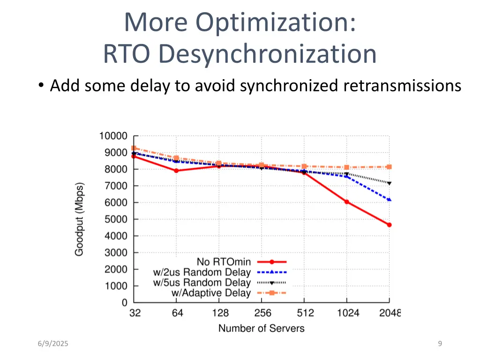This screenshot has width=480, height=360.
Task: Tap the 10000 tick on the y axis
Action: click(113, 136)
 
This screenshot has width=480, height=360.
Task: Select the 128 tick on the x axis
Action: click(220, 313)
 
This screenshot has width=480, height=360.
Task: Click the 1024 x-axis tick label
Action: click(347, 313)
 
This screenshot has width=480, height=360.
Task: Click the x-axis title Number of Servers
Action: click(261, 328)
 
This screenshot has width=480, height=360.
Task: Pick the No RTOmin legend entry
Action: click(224, 262)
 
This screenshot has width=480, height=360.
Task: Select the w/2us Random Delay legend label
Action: click(202, 272)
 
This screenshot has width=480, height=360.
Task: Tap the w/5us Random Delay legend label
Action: click(202, 283)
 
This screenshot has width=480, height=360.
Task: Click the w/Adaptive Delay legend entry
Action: click(211, 293)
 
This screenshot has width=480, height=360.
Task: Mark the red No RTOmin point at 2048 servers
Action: click(389, 225)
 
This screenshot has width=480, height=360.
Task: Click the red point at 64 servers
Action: click(176, 171)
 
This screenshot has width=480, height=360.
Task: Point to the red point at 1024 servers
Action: click(346, 202)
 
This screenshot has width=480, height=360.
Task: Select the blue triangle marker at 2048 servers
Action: click(389, 200)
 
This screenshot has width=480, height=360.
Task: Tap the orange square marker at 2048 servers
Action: click(389, 167)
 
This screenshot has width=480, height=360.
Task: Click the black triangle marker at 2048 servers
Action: click(389, 183)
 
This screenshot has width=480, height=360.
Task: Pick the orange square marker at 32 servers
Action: click(134, 148)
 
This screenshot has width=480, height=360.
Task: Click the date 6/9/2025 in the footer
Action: click(53, 344)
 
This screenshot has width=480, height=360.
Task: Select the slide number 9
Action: click(440, 344)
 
